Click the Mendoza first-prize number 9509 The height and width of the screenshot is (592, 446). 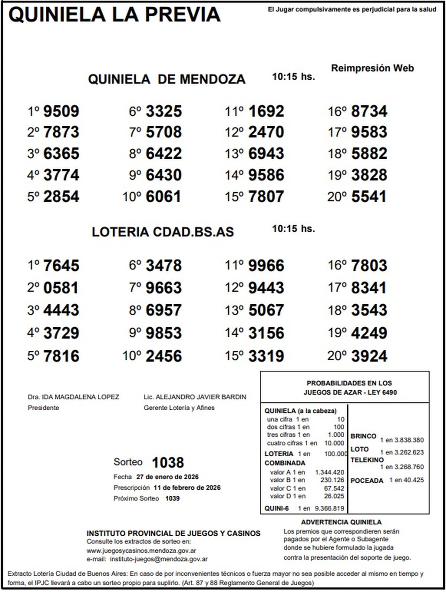point(61,111)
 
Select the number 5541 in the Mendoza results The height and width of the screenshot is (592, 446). point(369,197)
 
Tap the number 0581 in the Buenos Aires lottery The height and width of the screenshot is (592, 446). point(61,288)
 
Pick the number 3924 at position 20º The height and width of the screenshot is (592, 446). point(369,356)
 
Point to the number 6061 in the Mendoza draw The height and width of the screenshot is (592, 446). point(164,197)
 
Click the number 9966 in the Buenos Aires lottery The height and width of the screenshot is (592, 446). point(266,266)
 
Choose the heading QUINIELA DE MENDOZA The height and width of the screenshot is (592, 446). point(167,79)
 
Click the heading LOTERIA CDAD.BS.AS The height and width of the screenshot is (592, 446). point(163,232)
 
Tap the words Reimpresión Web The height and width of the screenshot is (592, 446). point(372,68)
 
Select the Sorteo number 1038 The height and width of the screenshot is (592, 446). point(168,463)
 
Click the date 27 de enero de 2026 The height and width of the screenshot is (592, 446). point(167,477)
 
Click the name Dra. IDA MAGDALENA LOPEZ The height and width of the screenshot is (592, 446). point(74,397)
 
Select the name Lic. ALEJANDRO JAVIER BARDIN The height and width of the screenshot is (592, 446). point(195,397)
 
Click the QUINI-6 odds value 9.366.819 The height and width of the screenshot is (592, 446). point(329,508)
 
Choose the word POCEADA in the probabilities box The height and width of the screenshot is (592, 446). point(367,481)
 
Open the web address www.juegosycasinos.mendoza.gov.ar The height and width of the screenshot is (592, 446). point(142,551)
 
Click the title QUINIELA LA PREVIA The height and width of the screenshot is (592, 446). point(114,15)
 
